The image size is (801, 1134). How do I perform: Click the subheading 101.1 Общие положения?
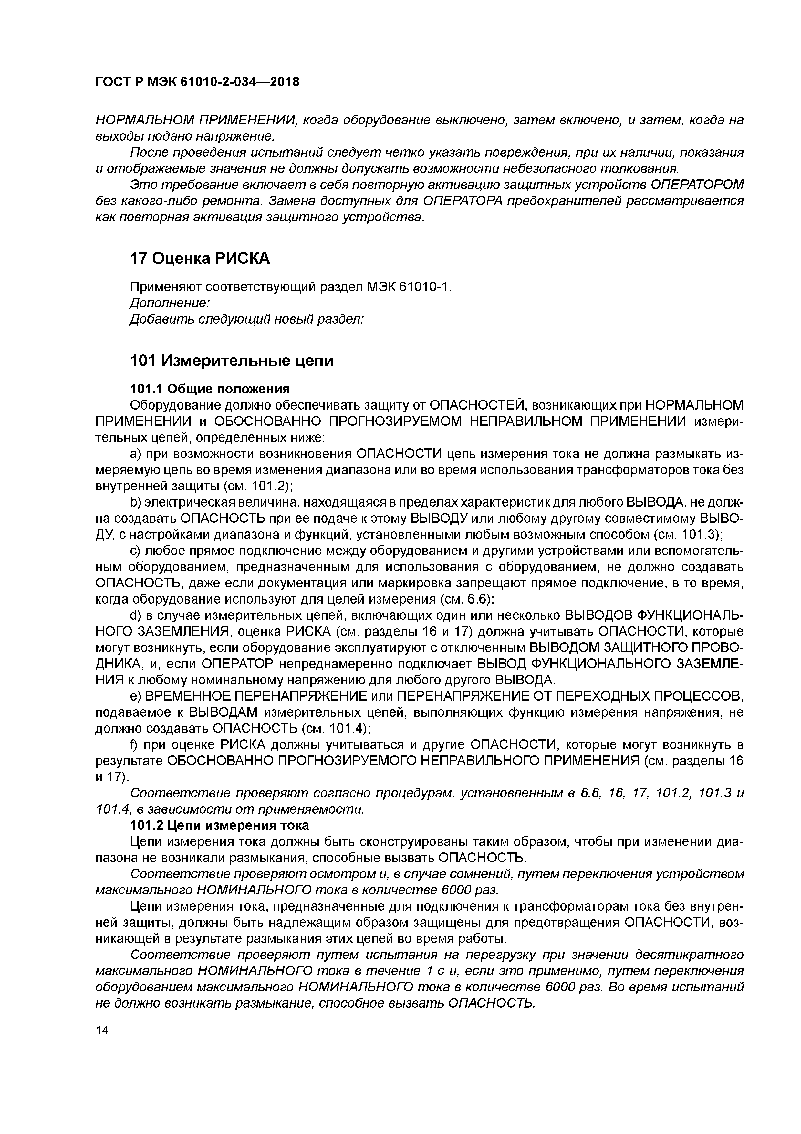click(x=209, y=389)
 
